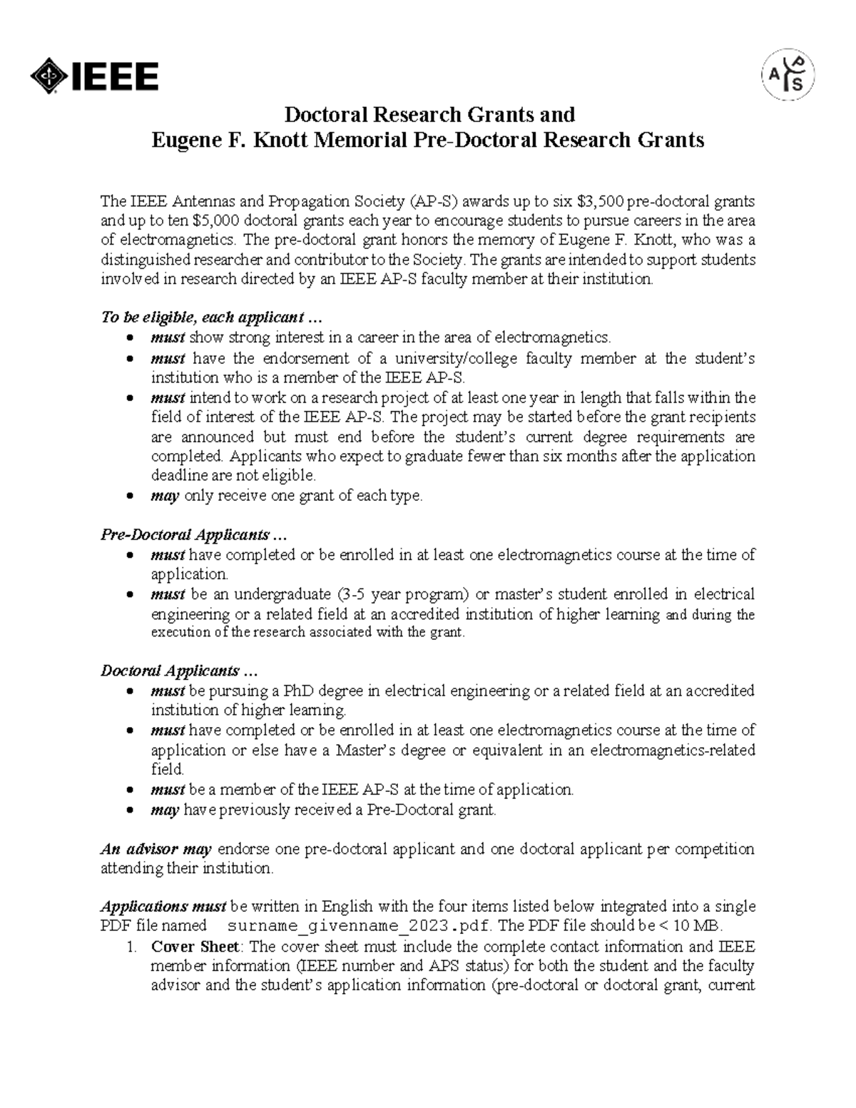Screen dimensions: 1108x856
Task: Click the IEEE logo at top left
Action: [x=93, y=77]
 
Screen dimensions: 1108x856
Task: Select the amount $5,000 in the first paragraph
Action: [x=218, y=220]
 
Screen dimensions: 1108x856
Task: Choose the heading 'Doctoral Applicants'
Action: [x=178, y=671]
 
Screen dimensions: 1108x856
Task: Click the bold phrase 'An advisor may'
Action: [x=156, y=849]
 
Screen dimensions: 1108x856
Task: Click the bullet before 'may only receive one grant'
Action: [x=128, y=497]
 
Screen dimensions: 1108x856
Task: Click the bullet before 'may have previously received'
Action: [x=128, y=810]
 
